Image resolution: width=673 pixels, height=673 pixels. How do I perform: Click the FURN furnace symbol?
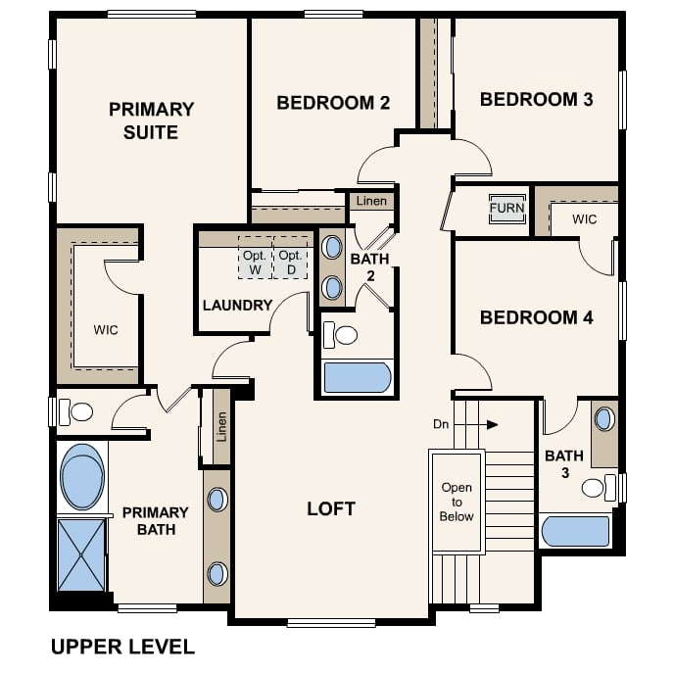[506, 209]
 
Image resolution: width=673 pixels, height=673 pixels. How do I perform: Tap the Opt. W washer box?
[256, 258]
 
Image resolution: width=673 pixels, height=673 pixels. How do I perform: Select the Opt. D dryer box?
[291, 258]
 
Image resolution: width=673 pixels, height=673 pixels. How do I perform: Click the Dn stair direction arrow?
[476, 425]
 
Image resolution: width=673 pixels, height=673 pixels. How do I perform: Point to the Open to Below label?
[457, 502]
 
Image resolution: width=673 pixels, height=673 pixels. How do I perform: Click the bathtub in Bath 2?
[358, 378]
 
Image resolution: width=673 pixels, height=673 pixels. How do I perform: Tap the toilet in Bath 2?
[340, 335]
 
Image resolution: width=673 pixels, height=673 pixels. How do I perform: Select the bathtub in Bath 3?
[576, 531]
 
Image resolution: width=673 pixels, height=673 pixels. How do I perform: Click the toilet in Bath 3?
[599, 488]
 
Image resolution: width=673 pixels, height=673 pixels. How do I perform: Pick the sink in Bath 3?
[604, 419]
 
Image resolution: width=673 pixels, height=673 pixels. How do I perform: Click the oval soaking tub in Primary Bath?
[82, 477]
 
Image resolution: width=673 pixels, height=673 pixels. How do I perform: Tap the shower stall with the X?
[81, 555]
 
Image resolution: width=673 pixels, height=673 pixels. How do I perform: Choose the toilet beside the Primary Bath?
[75, 412]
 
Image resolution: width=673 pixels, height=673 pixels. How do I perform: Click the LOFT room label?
[331, 509]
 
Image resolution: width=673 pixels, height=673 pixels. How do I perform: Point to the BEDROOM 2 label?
[333, 103]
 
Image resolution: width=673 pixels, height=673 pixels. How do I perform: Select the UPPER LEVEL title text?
[122, 647]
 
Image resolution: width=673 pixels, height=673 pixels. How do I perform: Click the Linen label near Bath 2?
[371, 201]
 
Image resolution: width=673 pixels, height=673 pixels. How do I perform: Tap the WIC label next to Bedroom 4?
[584, 219]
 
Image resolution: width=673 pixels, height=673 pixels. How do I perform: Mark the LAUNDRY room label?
[237, 306]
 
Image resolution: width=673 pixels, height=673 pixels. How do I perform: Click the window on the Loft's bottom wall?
[331, 623]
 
